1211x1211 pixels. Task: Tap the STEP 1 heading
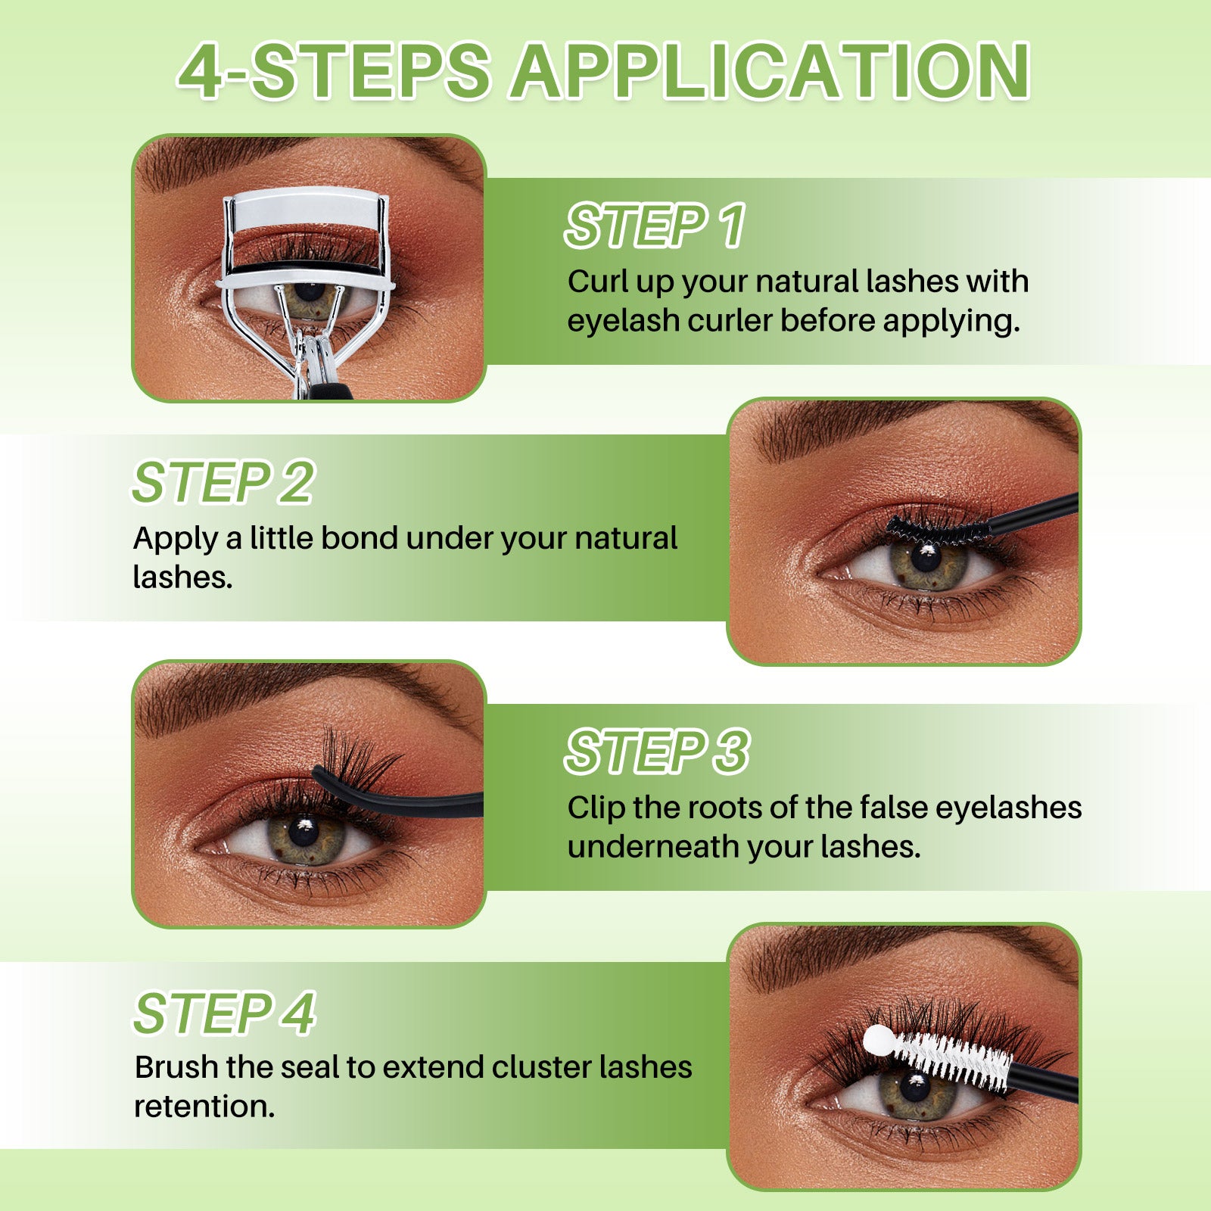pos(655,226)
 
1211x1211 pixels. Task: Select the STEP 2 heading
pos(223,482)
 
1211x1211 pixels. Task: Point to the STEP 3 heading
pos(657,752)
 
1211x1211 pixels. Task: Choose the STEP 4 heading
pos(225,1013)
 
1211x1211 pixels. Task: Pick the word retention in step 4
pos(204,1107)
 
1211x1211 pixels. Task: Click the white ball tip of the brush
pos(879,1041)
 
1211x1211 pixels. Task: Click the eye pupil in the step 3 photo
pos(304,832)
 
